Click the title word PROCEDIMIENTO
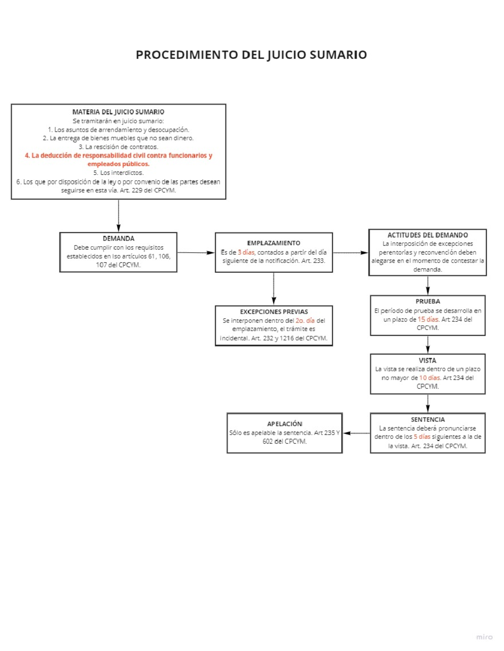[x=186, y=55]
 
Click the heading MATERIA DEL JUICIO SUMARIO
[x=118, y=112]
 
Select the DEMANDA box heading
[x=118, y=238]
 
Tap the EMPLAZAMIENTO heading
[x=273, y=243]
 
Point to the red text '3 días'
[x=246, y=252]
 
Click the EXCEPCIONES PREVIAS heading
[x=274, y=312]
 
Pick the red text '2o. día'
[x=305, y=320]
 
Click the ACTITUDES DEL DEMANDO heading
[x=428, y=235]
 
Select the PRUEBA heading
[x=428, y=301]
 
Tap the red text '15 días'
[x=428, y=319]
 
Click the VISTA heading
[x=428, y=361]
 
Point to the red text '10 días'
[x=430, y=378]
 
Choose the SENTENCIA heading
[x=428, y=419]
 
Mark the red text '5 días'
[x=422, y=437]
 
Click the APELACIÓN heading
[x=285, y=424]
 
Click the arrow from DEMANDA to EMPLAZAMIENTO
[x=196, y=253]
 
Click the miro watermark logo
[x=484, y=637]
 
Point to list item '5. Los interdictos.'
[x=118, y=173]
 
